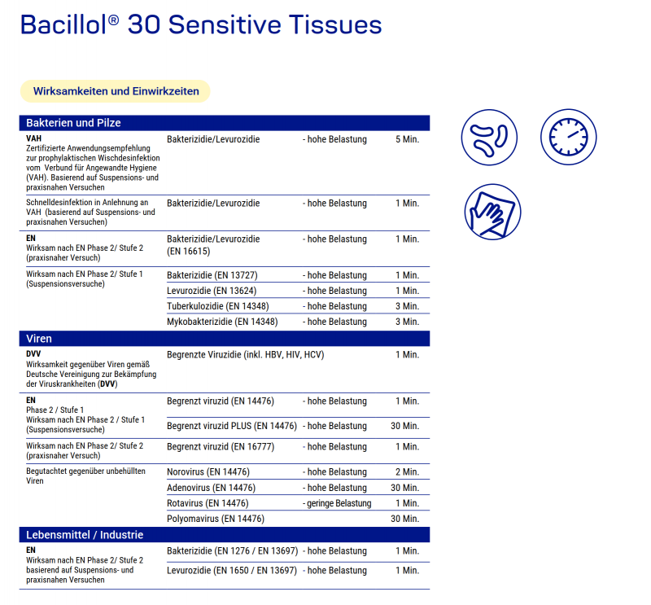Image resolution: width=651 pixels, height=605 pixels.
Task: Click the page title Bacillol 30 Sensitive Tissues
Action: click(200, 24)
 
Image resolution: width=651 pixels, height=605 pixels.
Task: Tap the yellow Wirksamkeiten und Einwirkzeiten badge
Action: click(116, 91)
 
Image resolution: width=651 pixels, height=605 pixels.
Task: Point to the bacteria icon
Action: click(489, 135)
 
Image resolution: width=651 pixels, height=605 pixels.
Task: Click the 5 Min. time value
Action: click(407, 139)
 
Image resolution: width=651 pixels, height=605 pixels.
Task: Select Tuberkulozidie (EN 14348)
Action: click(217, 306)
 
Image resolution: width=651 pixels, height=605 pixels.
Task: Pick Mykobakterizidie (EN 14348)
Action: click(222, 322)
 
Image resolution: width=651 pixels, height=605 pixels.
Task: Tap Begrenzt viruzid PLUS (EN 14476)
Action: click(232, 426)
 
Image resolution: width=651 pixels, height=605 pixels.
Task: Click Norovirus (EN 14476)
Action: click(208, 472)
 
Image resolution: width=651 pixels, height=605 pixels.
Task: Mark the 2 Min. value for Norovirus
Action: click(407, 472)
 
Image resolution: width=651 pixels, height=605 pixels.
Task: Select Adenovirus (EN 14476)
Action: click(211, 488)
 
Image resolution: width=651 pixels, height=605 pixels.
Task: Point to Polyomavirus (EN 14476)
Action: click(216, 519)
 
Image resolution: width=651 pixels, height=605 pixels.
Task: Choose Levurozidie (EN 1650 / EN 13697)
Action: click(232, 571)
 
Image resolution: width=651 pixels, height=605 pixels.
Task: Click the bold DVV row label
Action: click(33, 354)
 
